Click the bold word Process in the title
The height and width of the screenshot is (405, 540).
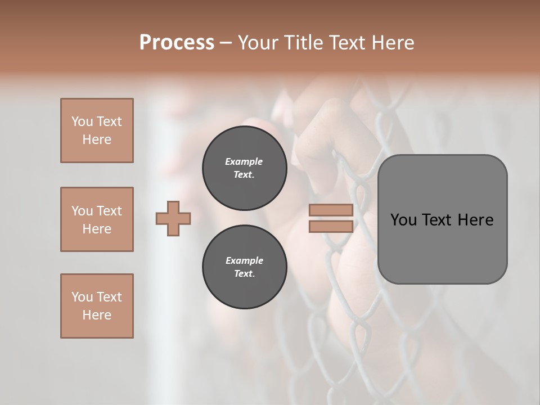(x=177, y=43)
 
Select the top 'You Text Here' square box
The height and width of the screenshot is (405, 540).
(x=97, y=130)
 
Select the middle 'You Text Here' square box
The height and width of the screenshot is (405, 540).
(x=97, y=219)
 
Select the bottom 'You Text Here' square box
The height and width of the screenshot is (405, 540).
(x=97, y=306)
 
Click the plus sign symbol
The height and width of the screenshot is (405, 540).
(x=173, y=218)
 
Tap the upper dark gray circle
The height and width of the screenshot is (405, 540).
(x=244, y=168)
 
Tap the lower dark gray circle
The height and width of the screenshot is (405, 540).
(x=244, y=267)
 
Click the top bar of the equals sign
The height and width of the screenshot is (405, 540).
(x=331, y=210)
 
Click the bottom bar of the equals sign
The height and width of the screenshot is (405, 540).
(x=331, y=226)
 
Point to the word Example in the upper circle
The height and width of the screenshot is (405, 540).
(x=244, y=161)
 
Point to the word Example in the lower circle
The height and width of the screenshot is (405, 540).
(x=244, y=260)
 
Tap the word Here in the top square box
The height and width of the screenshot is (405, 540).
(x=97, y=139)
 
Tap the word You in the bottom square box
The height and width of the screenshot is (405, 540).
(x=82, y=297)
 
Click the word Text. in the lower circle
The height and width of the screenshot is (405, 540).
(x=244, y=274)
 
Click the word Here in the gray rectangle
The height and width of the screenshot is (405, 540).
(x=475, y=220)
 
